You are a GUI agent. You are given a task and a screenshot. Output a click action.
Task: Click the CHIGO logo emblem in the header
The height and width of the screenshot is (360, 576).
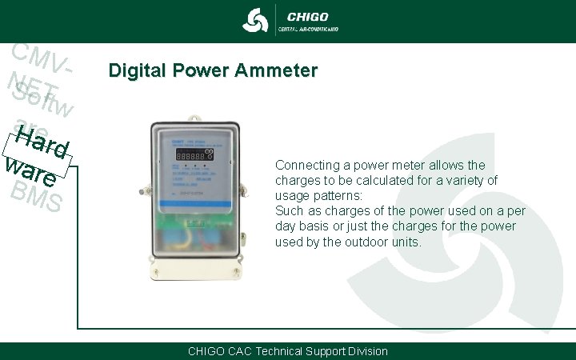point(256,21)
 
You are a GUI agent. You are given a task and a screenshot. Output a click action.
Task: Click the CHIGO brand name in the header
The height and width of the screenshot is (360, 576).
point(307,16)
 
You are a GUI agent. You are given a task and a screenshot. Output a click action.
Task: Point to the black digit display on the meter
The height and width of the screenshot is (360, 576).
point(190,155)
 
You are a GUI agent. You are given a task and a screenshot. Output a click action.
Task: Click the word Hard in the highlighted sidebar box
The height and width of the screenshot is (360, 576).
point(42,142)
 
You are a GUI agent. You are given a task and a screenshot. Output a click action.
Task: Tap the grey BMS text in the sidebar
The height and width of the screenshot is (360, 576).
point(37,197)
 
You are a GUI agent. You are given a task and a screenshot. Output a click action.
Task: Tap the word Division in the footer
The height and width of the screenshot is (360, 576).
point(365,351)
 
